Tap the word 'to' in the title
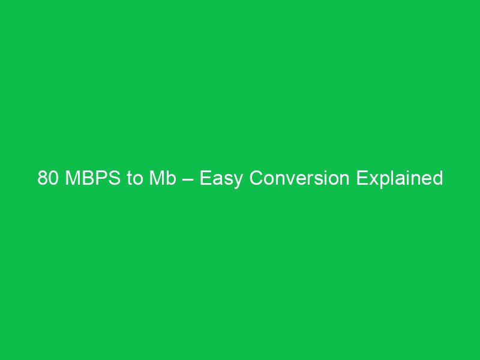133,179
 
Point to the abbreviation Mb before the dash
160,179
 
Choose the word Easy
221,179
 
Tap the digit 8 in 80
42,179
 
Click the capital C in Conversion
256,179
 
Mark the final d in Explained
438,179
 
